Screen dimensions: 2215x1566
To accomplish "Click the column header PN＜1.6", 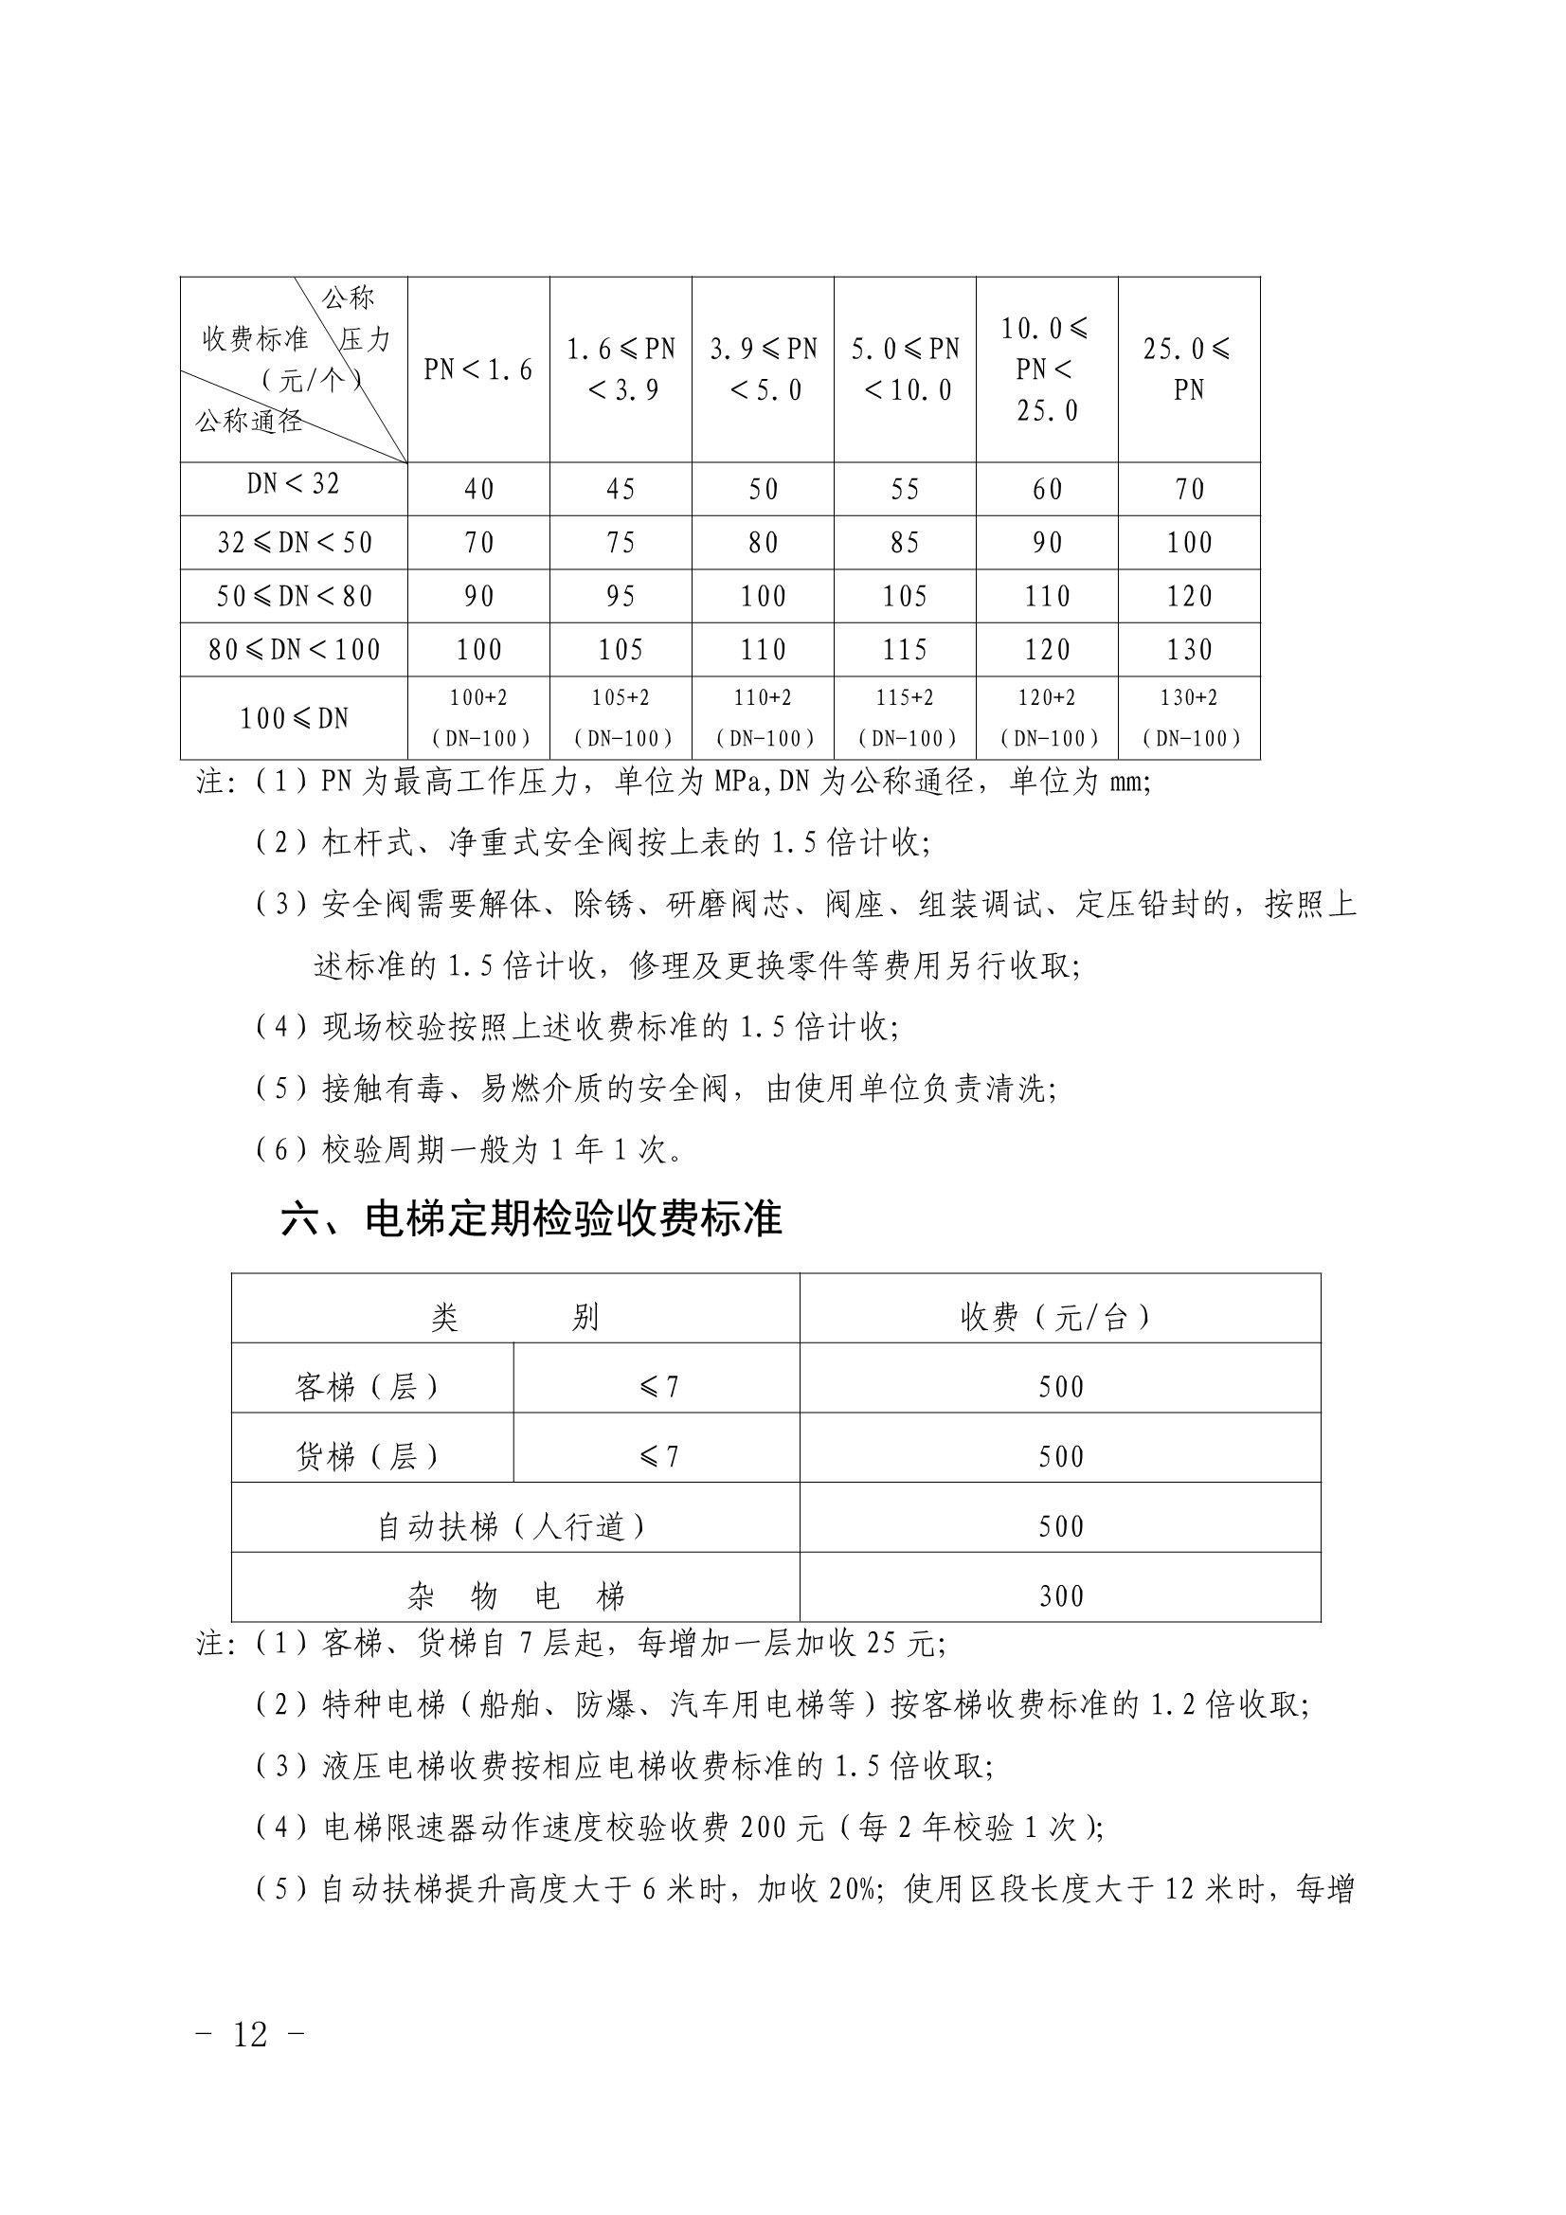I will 478,369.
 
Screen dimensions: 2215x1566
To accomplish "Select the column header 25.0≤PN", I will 1189,369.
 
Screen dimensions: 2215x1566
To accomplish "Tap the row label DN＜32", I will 294,484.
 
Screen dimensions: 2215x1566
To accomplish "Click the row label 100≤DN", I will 294,719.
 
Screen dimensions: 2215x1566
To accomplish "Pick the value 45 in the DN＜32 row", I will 621,490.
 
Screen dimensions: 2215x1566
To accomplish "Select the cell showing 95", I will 621,597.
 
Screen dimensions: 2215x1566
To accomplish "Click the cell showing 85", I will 905,543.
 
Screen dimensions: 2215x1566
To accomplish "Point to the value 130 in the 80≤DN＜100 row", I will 1189,650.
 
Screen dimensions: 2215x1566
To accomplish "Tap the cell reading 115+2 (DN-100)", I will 905,719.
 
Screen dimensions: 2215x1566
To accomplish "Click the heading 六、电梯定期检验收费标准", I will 531,1219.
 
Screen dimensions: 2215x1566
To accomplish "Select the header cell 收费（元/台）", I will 1059,1317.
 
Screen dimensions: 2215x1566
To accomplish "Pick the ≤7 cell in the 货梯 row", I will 657,1456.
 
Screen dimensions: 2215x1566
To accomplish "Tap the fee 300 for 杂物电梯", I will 1060,1595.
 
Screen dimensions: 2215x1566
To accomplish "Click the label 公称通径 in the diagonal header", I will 249,422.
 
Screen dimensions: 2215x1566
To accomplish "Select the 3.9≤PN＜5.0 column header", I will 764,369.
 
